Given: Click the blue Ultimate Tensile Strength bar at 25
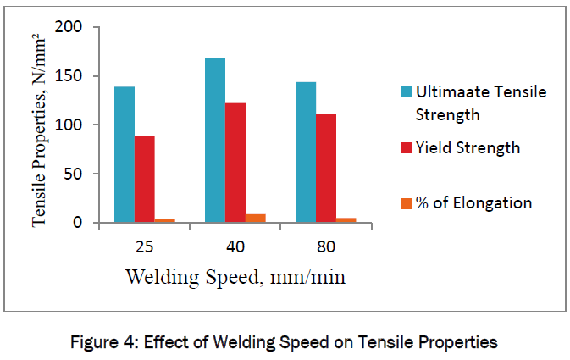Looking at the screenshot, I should coord(125,155).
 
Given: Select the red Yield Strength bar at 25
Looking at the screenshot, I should coord(145,179).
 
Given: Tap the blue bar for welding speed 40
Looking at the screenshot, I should coord(215,141).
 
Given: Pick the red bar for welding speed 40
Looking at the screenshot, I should coord(235,163).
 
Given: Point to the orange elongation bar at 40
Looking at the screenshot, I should coord(255,219).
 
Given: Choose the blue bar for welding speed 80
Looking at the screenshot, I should coord(306,152).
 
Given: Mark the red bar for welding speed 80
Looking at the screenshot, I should coord(326,169).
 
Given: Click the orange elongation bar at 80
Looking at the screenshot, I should coord(346,220).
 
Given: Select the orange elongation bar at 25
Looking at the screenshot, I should coord(164,220).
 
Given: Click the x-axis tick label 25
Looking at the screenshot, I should coord(144,247).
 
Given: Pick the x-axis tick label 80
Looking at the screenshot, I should coord(326,247).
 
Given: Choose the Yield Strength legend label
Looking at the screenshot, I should coord(468,147).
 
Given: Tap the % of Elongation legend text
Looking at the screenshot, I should coord(474,202).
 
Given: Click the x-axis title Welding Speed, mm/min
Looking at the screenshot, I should coord(235,277).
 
